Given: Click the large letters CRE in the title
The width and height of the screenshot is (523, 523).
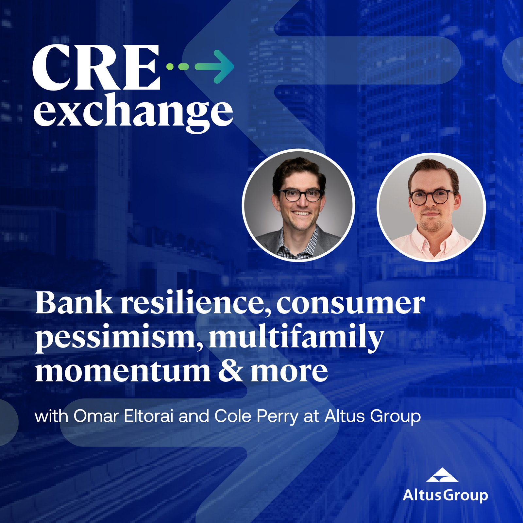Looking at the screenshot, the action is [97, 68].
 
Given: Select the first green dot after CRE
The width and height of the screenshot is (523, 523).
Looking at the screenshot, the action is [170, 67].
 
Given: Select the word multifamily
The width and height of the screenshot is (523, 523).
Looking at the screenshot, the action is [296, 337].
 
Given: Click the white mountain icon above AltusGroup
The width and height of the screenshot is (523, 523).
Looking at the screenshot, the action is [442, 475].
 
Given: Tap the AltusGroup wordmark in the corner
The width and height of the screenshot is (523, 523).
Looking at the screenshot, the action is [445, 495].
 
